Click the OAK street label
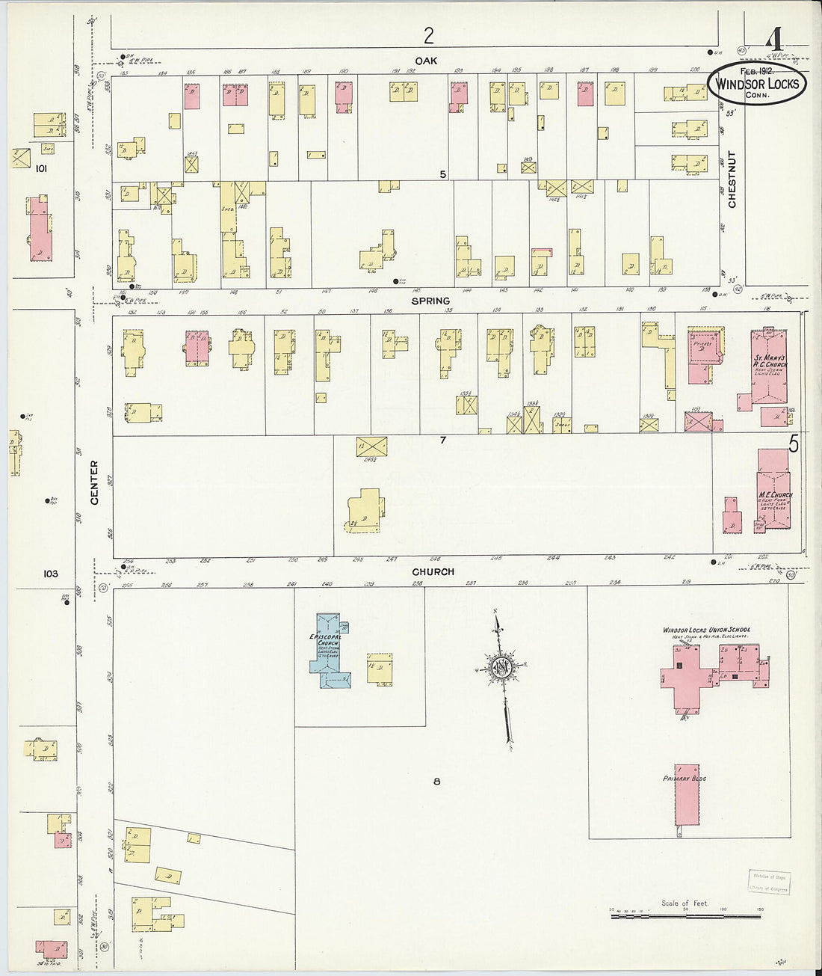[427, 60]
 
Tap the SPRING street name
[430, 301]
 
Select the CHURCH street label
[433, 571]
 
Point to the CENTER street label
[95, 482]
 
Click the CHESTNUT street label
[732, 179]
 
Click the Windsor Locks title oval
[758, 84]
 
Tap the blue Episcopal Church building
[327, 651]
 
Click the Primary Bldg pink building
[687, 793]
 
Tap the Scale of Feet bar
[685, 914]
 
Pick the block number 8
[436, 782]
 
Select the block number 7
[442, 440]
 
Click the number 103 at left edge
[50, 574]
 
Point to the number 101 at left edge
[40, 169]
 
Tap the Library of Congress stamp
[769, 883]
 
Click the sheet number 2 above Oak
[428, 35]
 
